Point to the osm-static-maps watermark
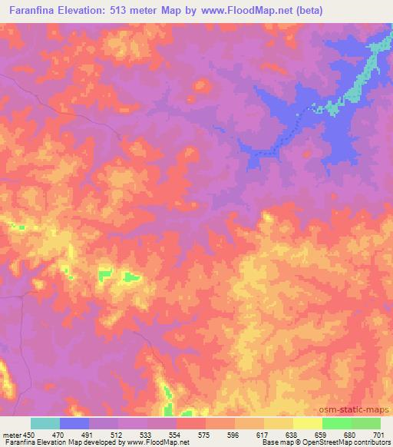(x=361, y=410)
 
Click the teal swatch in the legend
(x=45, y=423)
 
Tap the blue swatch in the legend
(x=74, y=423)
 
